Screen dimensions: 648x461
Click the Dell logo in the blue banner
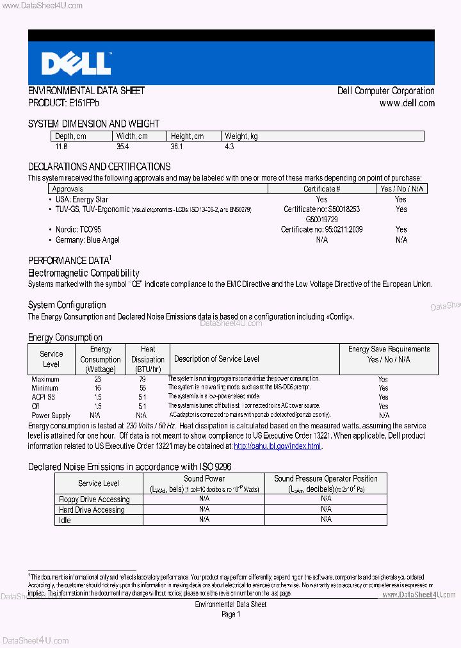pyautogui.click(x=76, y=63)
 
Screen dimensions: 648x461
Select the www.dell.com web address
pyautogui.click(x=407, y=103)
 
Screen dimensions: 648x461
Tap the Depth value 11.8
pyautogui.click(x=61, y=147)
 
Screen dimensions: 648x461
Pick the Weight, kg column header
pyautogui.click(x=241, y=136)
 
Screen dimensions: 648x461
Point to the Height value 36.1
pyautogui.click(x=177, y=147)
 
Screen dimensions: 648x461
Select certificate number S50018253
pyautogui.click(x=321, y=209)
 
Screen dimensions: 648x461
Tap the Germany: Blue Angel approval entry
pyautogui.click(x=87, y=240)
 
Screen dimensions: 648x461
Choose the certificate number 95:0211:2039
pyautogui.click(x=321, y=229)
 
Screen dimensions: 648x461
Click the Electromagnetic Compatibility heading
pyautogui.click(x=83, y=273)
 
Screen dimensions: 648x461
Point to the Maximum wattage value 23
pyautogui.click(x=97, y=379)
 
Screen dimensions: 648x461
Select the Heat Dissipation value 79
pyautogui.click(x=142, y=379)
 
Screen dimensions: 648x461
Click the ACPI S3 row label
pyautogui.click(x=44, y=397)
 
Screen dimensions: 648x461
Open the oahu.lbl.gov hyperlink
pyautogui.click(x=277, y=446)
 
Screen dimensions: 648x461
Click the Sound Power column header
pyautogui.click(x=204, y=478)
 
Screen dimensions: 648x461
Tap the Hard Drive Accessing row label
pyautogui.click(x=92, y=510)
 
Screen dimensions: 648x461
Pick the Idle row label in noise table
pyautogui.click(x=65, y=520)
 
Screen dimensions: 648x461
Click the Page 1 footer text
pyautogui.click(x=230, y=614)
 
